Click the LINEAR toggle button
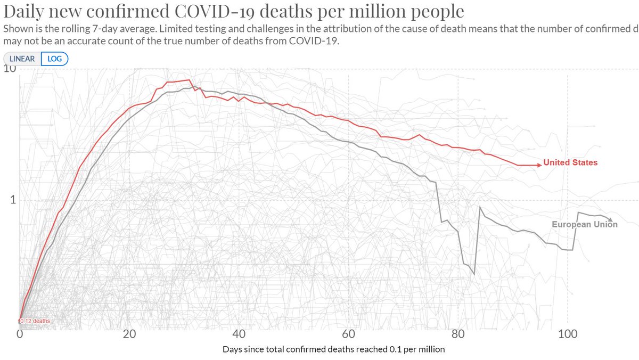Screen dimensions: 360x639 [x=22, y=59]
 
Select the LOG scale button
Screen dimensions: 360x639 [x=54, y=59]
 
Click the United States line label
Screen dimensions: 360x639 [x=570, y=162]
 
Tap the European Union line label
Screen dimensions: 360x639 [x=584, y=225]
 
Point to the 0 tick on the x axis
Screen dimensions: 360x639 [x=20, y=334]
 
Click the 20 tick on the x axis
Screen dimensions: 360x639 [x=129, y=334]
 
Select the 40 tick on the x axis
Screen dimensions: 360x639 [x=239, y=334]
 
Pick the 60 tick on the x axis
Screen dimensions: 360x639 [x=348, y=334]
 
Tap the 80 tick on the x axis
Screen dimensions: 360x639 [x=458, y=334]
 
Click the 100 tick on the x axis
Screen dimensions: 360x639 [x=568, y=334]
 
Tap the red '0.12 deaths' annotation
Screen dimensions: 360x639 [x=35, y=321]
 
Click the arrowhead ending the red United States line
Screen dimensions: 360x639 [x=539, y=165]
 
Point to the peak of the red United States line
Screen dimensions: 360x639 [x=189, y=80]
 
